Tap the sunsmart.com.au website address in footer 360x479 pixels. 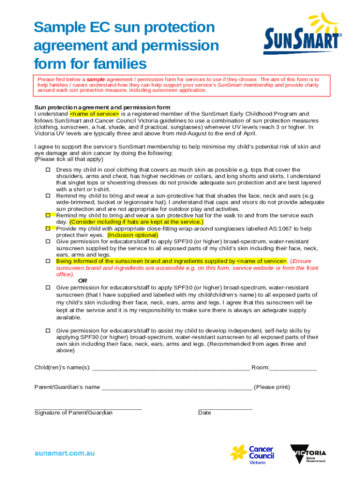pos(65,453)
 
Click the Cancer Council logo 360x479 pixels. pos(252,453)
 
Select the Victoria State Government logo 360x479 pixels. pos(308,453)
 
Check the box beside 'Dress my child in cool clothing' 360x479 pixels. pos(48,170)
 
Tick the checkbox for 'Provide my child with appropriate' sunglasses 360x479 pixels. pos(48,229)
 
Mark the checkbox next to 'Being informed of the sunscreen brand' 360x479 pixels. pos(48,261)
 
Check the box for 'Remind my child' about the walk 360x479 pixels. pos(48,215)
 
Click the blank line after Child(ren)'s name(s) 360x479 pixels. pos(171,368)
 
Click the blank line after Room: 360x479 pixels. pos(293,368)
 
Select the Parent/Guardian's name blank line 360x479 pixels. pos(176,387)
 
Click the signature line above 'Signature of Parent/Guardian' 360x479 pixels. pos(88,408)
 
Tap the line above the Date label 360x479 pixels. pos(225,408)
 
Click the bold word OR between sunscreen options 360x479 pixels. pos(82,281)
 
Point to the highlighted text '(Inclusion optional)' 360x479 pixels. pos(133,235)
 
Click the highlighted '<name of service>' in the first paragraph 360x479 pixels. pos(94,114)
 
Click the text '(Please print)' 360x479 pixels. pos(272,387)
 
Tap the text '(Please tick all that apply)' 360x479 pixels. pos(69,159)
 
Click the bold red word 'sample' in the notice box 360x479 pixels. pos(96,80)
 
